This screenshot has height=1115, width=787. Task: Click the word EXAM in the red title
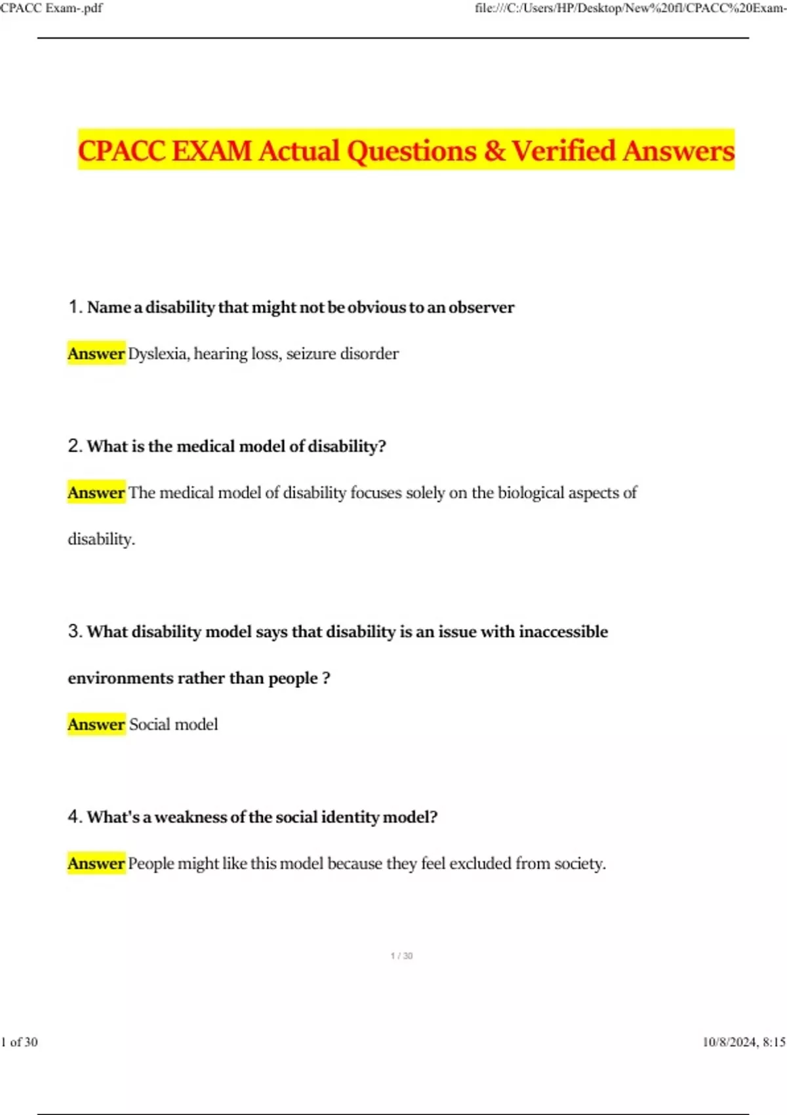212,151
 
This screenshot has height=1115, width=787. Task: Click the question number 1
74,307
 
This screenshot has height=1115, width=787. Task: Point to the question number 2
74,446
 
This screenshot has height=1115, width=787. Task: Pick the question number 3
74,632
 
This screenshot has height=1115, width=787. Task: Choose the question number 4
74,817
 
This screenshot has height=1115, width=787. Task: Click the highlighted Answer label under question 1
96,354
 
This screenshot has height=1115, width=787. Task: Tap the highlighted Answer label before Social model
96,725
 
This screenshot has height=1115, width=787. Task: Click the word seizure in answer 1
310,354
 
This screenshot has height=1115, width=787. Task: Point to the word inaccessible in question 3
563,632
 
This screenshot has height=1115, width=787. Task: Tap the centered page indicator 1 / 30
401,956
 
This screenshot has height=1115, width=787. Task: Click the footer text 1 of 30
20,1042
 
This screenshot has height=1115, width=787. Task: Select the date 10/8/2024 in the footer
729,1042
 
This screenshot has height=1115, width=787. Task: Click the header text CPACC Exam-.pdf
51,9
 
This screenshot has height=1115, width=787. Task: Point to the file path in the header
630,9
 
